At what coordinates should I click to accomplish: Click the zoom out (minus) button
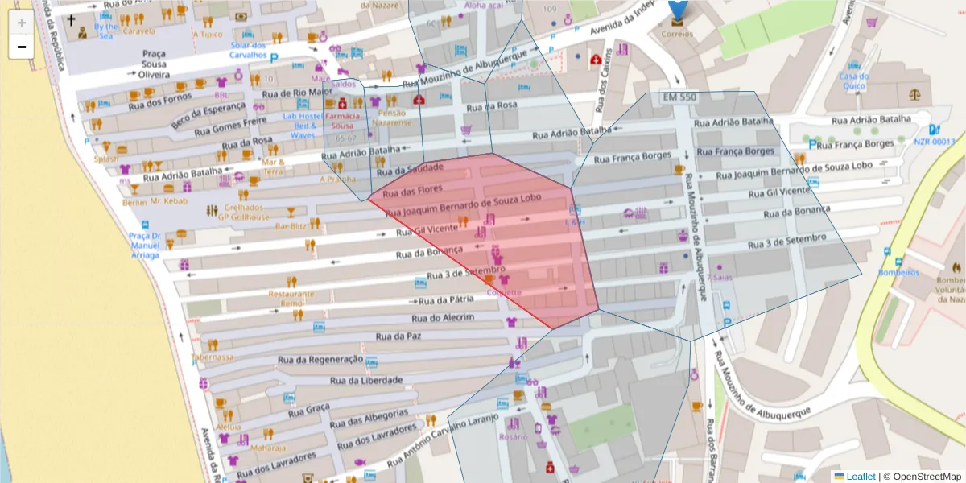(x=21, y=47)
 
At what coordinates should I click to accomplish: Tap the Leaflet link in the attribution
(x=861, y=477)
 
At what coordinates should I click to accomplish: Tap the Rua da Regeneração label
(x=320, y=359)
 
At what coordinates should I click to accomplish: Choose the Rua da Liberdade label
(x=366, y=380)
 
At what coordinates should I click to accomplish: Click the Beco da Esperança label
(x=208, y=115)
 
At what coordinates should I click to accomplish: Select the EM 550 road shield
(x=680, y=97)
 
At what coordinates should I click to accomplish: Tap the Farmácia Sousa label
(x=343, y=121)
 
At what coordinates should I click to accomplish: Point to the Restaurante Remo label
(x=291, y=299)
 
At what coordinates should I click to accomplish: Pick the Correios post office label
(x=676, y=34)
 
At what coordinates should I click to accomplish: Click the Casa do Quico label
(x=852, y=81)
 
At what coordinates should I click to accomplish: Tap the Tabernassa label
(x=213, y=357)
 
